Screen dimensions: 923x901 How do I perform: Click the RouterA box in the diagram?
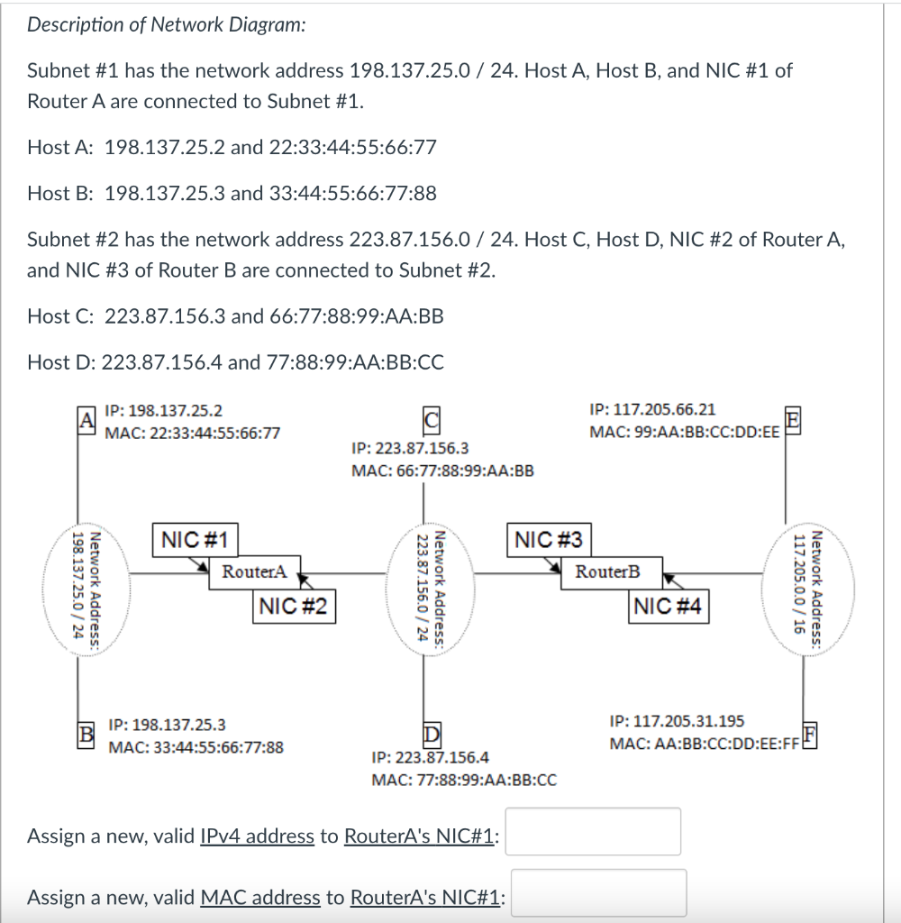click(254, 571)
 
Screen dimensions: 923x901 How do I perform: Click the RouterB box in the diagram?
click(608, 571)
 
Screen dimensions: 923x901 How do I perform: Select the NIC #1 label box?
click(195, 541)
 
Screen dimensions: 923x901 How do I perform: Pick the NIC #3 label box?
click(548, 541)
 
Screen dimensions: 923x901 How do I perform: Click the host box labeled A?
click(86, 421)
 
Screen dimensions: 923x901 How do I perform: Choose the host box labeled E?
click(792, 419)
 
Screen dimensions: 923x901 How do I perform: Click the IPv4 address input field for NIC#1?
click(596, 831)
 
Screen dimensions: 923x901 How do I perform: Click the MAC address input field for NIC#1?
click(599, 892)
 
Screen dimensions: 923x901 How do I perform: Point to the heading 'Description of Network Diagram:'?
click(166, 25)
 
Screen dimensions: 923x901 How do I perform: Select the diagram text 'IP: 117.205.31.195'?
click(677, 720)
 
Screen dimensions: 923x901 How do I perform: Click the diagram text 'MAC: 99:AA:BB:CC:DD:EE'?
click(685, 432)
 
